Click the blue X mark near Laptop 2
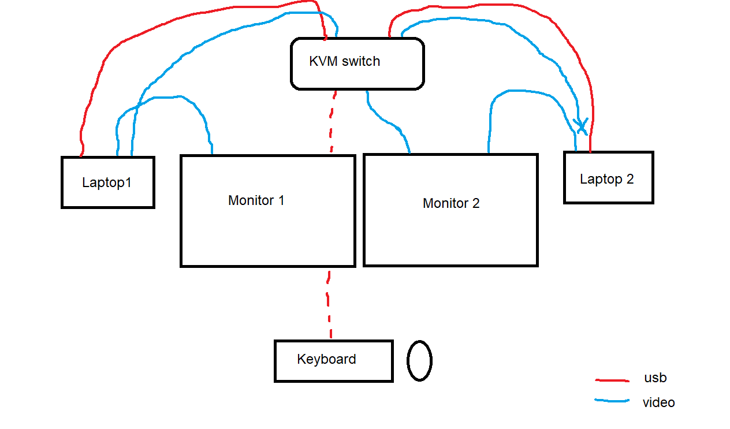pos(581,126)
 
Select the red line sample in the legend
pos(612,380)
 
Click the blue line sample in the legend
pos(612,400)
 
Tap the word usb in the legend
pos(655,378)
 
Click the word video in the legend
pos(658,402)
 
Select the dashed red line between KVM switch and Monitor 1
pos(332,122)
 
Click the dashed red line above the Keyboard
pos(328,304)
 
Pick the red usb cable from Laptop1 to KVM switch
pos(182,17)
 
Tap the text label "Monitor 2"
pos(451,203)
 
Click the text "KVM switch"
pos(344,61)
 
